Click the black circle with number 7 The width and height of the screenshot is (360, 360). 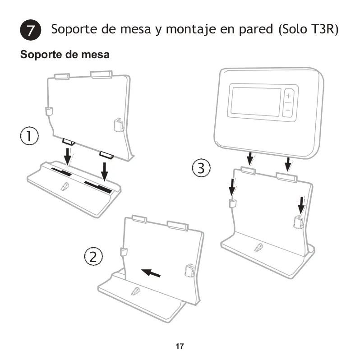[x=31, y=30]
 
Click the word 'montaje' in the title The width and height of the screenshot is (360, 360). [x=191, y=30]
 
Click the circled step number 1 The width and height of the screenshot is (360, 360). [x=29, y=136]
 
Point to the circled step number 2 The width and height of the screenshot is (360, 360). [x=93, y=257]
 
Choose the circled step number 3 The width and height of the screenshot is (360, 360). [x=201, y=168]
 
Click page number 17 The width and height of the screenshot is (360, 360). [x=180, y=346]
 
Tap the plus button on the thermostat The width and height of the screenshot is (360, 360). [x=289, y=96]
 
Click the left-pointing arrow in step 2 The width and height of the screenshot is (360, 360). [x=151, y=273]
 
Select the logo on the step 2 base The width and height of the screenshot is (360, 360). [x=135, y=291]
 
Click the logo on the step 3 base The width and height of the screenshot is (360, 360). [x=258, y=247]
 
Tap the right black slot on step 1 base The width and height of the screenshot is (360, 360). [x=98, y=187]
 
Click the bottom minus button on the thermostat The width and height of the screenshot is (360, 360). [x=287, y=111]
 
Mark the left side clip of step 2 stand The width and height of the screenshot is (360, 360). [x=124, y=252]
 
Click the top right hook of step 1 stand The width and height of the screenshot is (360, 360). [x=101, y=74]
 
